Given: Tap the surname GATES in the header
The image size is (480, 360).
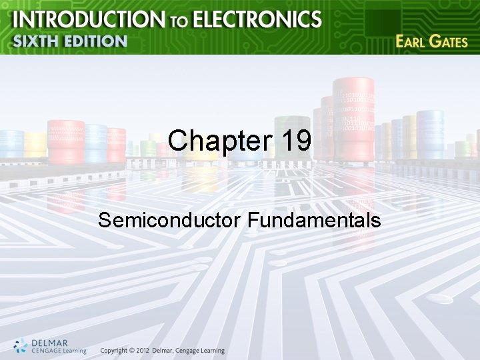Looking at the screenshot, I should click(450, 41).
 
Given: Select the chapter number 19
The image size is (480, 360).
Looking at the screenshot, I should click(295, 141).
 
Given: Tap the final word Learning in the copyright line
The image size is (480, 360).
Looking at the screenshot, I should click(211, 351).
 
